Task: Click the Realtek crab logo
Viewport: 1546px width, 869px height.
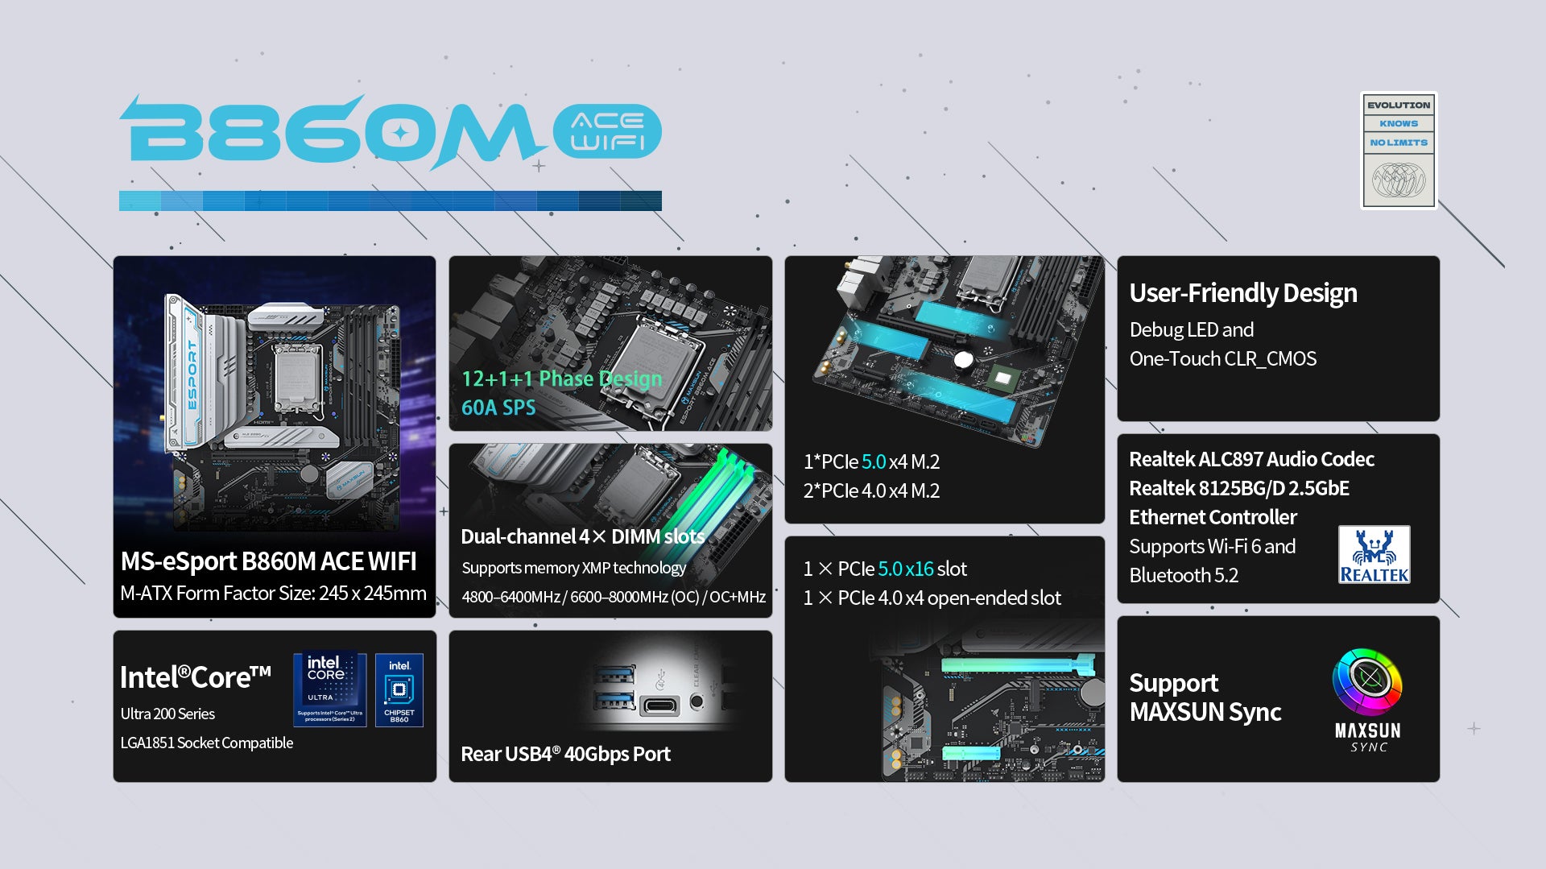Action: pyautogui.click(x=1374, y=554)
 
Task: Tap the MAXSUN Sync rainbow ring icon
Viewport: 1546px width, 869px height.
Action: pyautogui.click(x=1367, y=681)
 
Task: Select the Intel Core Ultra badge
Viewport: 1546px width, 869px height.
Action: pyautogui.click(x=329, y=689)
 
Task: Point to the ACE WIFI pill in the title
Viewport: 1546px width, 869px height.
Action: pyautogui.click(x=607, y=131)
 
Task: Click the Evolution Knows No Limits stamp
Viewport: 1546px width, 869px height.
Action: pyautogui.click(x=1399, y=151)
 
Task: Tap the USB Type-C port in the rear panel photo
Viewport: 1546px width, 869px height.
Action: pyautogui.click(x=659, y=706)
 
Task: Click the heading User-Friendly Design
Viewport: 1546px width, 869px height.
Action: pyautogui.click(x=1243, y=293)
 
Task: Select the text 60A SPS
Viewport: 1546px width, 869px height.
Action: pyautogui.click(x=498, y=408)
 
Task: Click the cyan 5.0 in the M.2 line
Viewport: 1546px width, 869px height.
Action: pyautogui.click(x=874, y=461)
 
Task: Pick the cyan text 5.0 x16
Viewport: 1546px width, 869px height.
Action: pyautogui.click(x=906, y=569)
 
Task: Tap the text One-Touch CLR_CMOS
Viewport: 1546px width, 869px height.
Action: pyautogui.click(x=1223, y=358)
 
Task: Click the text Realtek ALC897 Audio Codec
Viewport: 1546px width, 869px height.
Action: pyautogui.click(x=1251, y=459)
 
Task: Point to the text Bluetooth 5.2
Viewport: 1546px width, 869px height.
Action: pyautogui.click(x=1184, y=575)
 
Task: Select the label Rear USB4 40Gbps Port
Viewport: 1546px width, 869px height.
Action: pyautogui.click(x=565, y=754)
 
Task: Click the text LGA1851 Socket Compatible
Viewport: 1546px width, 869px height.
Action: pyautogui.click(x=207, y=743)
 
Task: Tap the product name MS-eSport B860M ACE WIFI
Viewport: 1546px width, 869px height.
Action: pyautogui.click(x=268, y=561)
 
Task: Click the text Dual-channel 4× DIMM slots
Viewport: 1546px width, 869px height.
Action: pyautogui.click(x=582, y=536)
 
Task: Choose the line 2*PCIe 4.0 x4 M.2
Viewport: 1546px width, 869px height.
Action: pyautogui.click(x=871, y=490)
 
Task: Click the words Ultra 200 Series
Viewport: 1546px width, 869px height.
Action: pyautogui.click(x=167, y=714)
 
